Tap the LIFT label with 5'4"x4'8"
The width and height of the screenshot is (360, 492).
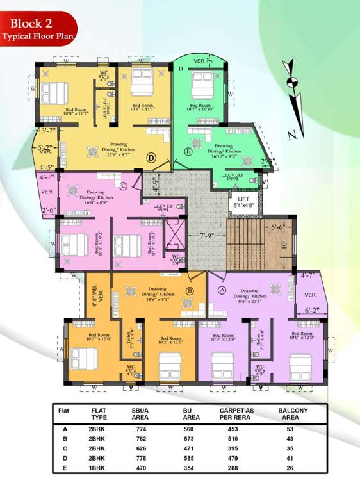244,202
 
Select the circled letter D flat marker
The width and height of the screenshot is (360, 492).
152,157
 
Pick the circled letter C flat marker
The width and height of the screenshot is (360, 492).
123,186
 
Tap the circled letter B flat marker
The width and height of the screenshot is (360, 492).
190,291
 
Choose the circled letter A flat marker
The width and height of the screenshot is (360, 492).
223,289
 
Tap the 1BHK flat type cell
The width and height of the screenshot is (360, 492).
98,468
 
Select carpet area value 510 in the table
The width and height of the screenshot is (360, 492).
237,439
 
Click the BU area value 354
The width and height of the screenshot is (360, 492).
189,468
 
